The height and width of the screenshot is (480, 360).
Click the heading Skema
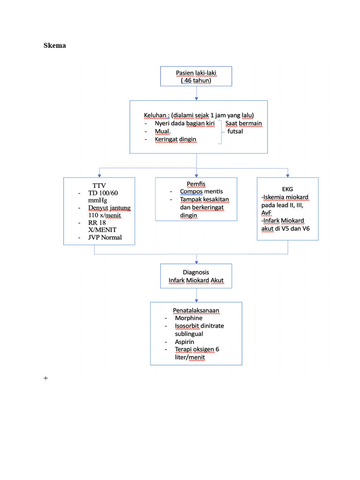point(55,45)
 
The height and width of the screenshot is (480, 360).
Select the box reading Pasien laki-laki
point(196,76)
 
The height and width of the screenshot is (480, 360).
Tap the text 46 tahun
point(196,81)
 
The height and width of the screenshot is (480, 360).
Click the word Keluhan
point(156,115)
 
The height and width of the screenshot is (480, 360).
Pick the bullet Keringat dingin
point(175,140)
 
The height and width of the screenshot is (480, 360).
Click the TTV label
point(99,185)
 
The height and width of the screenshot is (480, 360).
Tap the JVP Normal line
point(105,237)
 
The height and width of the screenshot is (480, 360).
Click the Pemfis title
point(196,184)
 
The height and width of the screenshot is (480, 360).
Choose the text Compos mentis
point(202,192)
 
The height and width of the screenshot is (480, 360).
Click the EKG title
point(287,189)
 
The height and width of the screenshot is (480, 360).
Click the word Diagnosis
point(196,272)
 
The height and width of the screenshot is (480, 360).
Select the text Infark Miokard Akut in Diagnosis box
point(196,281)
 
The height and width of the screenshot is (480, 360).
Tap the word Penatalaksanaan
point(196,310)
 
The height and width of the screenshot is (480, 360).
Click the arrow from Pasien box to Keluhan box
point(196,93)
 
